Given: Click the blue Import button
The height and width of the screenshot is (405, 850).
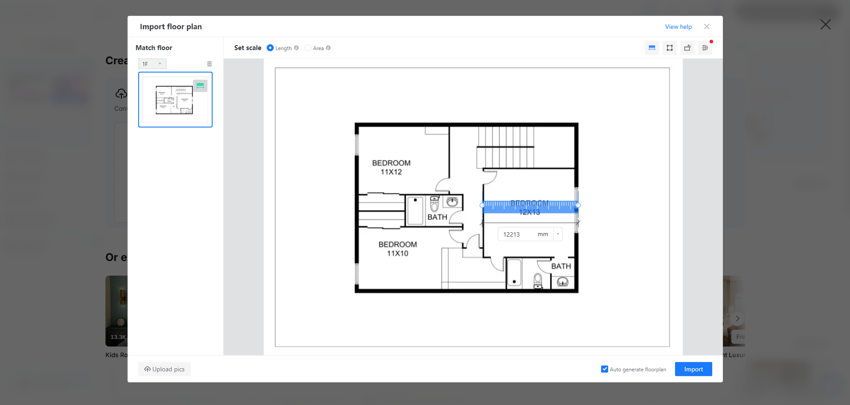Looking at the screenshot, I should [x=693, y=369].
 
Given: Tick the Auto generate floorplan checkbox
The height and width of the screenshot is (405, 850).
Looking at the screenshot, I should [x=605, y=369].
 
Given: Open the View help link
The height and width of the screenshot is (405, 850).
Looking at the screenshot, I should [x=678, y=27].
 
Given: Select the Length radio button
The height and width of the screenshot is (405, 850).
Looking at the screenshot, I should [x=270, y=48].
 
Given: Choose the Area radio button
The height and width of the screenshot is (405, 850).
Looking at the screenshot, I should [x=308, y=48].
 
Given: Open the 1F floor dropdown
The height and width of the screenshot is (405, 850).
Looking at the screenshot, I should [x=152, y=64].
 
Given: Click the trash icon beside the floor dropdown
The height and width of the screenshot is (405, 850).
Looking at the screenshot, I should [x=210, y=64].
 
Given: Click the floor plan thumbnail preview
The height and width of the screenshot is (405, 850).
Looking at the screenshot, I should [x=175, y=100].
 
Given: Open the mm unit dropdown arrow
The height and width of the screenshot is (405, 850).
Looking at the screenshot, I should [x=558, y=234].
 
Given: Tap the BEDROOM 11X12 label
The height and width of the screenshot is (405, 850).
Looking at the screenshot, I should [x=391, y=167].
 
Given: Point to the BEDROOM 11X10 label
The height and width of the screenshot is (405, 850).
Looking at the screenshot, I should [x=397, y=249].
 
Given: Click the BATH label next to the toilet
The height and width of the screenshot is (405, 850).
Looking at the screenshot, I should [x=437, y=217].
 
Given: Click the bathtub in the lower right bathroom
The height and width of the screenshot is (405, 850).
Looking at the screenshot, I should [x=514, y=272].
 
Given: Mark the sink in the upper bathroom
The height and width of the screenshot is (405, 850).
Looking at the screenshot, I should [x=452, y=202].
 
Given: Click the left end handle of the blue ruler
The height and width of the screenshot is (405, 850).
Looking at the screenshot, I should [x=482, y=205].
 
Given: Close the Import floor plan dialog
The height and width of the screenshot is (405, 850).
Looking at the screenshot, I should [x=706, y=27].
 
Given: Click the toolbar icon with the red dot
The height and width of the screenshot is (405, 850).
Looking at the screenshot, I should [x=705, y=48].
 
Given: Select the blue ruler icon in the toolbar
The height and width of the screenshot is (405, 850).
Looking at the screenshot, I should [x=652, y=48].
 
